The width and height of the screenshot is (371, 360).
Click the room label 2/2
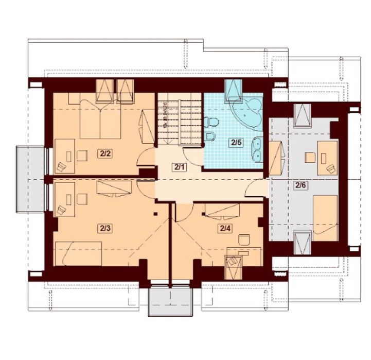[105, 154]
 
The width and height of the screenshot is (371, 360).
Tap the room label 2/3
[105, 229]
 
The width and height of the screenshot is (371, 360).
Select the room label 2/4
[225, 228]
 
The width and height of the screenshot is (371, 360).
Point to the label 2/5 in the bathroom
[236, 143]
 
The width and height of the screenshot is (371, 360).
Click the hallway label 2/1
[179, 167]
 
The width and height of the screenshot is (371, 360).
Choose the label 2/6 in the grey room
[301, 185]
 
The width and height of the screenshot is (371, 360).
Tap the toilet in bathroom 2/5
[211, 122]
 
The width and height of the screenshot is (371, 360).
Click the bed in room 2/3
[79, 254]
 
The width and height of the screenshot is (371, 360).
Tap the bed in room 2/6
[325, 218]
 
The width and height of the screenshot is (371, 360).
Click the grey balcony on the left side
[30, 179]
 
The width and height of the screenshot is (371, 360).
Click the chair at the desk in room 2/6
[310, 158]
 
